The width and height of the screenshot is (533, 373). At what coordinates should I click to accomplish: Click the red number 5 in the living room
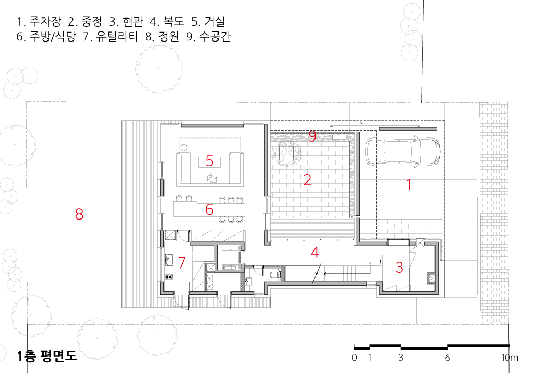[209, 161]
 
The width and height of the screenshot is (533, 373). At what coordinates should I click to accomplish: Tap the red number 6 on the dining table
[209, 209]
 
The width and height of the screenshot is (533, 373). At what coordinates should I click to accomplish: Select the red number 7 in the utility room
[182, 263]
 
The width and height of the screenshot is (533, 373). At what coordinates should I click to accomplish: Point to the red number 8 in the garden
[79, 214]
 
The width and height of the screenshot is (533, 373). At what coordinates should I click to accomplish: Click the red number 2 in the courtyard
[308, 180]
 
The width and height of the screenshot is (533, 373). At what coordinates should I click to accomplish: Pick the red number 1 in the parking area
[409, 184]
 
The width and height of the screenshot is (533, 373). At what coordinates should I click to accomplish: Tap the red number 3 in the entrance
[399, 267]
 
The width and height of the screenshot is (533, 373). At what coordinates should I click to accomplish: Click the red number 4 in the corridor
[315, 253]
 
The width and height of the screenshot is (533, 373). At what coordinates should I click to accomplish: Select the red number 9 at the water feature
[312, 136]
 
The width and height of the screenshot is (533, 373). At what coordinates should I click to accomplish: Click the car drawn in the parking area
[403, 151]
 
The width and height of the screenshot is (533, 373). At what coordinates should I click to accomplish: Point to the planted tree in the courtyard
[286, 153]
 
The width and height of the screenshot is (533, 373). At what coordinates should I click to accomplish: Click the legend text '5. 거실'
[208, 21]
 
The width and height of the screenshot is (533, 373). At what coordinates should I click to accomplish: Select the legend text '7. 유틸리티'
[110, 36]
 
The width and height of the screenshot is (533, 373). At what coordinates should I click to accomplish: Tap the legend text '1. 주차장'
[39, 21]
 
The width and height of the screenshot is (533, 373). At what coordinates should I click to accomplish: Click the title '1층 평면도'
[47, 355]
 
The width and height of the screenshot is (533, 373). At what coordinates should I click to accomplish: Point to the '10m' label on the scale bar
[510, 358]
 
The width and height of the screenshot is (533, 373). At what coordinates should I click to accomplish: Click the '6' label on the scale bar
[447, 358]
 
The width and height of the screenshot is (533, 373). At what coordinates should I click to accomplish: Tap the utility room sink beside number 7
[169, 260]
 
